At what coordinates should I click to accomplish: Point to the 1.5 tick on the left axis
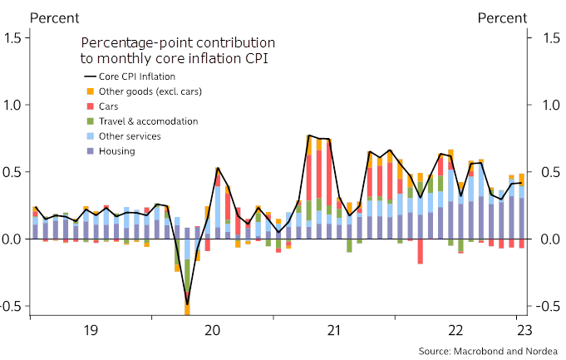15,38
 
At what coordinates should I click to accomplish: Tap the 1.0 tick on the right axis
552,106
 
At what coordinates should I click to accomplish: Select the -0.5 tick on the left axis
12,306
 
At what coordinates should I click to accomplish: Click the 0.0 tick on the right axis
552,239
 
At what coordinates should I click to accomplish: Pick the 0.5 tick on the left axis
15,172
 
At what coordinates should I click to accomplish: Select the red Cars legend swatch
89,106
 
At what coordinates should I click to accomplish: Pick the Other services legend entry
130,136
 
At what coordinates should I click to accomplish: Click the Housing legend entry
116,151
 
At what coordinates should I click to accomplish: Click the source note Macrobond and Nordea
489,350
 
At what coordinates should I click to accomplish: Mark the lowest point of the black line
187,303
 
